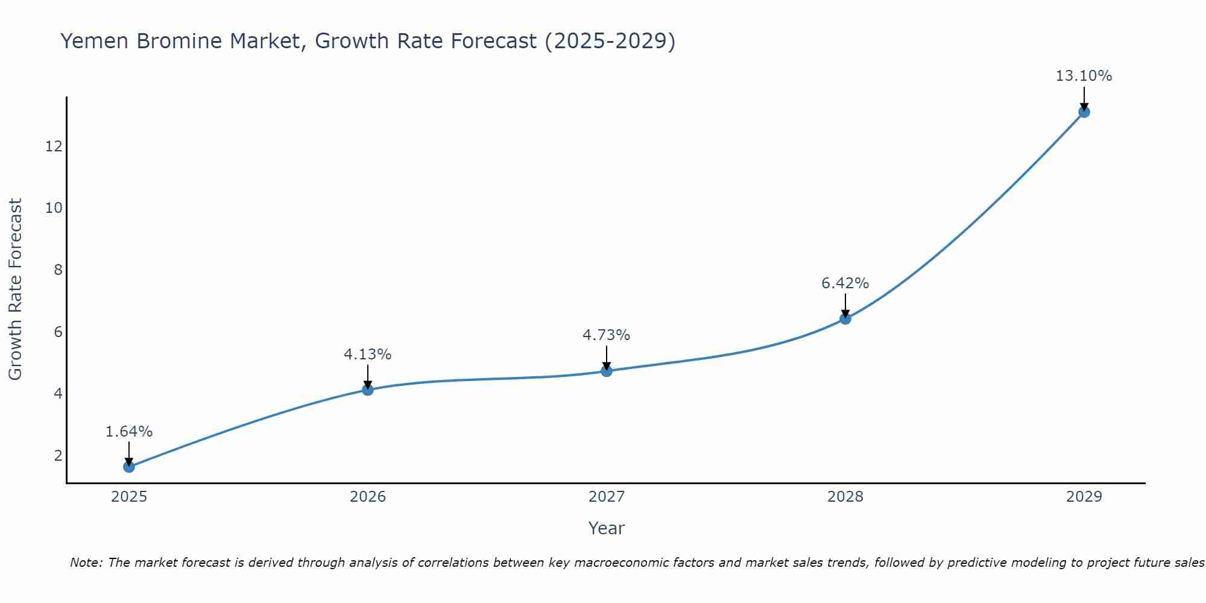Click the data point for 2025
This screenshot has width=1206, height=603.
pyautogui.click(x=129, y=467)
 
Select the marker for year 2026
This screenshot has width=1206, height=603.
pyautogui.click(x=368, y=390)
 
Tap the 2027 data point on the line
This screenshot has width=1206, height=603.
pyautogui.click(x=607, y=371)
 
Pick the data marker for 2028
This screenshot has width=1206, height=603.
pyautogui.click(x=845, y=318)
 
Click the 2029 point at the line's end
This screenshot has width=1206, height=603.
pyautogui.click(x=1084, y=112)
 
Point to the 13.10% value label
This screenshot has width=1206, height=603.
pyautogui.click(x=1084, y=76)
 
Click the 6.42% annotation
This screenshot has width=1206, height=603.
pyautogui.click(x=845, y=283)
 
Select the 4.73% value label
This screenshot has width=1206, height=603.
pyautogui.click(x=606, y=335)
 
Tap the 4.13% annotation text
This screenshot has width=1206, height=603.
pyautogui.click(x=367, y=355)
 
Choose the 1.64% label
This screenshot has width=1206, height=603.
pyautogui.click(x=128, y=432)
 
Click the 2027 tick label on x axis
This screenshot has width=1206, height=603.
pyautogui.click(x=607, y=497)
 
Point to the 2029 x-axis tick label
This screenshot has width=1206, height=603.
pyautogui.click(x=1084, y=497)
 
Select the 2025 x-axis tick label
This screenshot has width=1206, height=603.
pyautogui.click(x=129, y=497)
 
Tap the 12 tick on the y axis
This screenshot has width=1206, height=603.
pyautogui.click(x=54, y=146)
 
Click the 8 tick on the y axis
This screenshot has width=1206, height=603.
pyautogui.click(x=58, y=270)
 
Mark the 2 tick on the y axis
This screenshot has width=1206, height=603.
pyautogui.click(x=58, y=455)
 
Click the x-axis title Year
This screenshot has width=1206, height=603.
pyautogui.click(x=607, y=528)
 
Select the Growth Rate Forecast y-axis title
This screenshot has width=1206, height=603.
pyautogui.click(x=15, y=289)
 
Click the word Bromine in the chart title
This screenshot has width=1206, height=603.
pyautogui.click(x=191, y=41)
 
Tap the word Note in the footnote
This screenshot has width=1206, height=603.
pyautogui.click(x=86, y=563)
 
